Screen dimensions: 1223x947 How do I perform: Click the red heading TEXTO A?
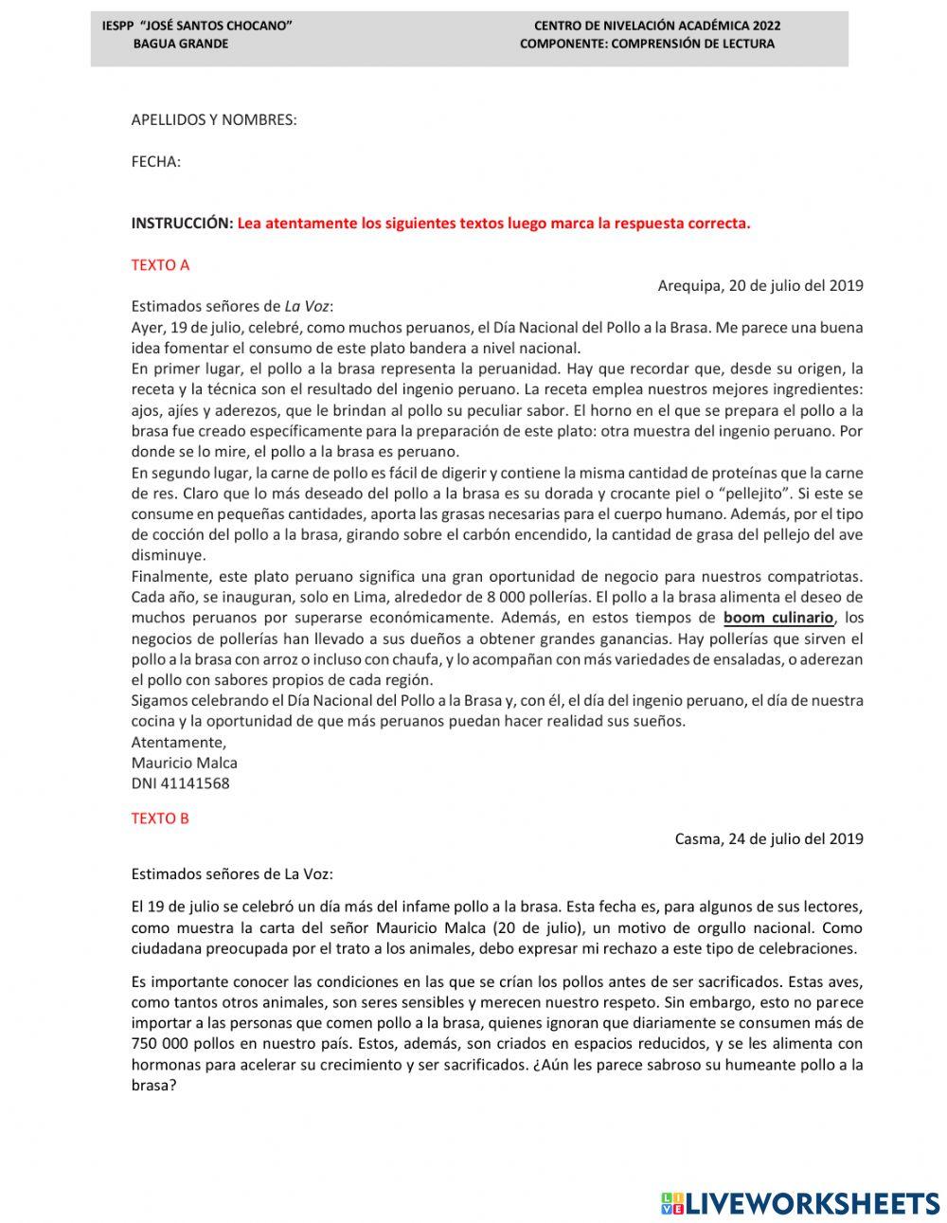[x=160, y=265]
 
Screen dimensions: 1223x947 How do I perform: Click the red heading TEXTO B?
[x=160, y=818]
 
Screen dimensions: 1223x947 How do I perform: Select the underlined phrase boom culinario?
[x=778, y=619]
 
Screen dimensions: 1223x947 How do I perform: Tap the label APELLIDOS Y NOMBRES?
[x=213, y=120]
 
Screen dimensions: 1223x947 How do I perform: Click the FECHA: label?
[x=155, y=162]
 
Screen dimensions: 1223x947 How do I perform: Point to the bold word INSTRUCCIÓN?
[x=181, y=224]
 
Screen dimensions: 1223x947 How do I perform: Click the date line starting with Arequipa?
[x=759, y=285]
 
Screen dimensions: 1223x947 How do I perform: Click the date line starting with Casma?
[x=768, y=838]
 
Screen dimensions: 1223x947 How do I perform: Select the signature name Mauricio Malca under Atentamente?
[x=184, y=763]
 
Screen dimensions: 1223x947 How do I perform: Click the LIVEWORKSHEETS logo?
[x=799, y=1203]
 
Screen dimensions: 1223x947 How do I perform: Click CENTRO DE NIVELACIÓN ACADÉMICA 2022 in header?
[x=657, y=27]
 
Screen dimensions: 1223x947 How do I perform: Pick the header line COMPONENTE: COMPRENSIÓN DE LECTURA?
[x=647, y=44]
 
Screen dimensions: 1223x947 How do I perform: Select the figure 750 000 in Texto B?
[x=164, y=1044]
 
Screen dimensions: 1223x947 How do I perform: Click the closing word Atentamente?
[x=178, y=742]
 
